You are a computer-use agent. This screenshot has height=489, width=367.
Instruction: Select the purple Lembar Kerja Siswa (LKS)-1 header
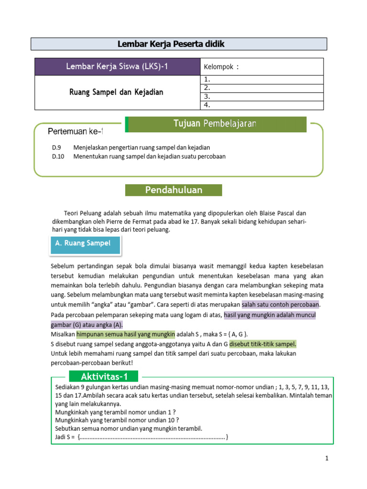click(x=117, y=66)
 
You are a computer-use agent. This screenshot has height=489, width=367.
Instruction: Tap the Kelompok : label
click(x=221, y=67)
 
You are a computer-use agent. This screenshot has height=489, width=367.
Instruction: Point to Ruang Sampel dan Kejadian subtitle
click(x=117, y=92)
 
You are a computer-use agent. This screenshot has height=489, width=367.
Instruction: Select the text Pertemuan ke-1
click(x=76, y=131)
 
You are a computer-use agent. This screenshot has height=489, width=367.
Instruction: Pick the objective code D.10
click(x=58, y=156)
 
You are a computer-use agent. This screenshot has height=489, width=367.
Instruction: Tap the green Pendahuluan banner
click(x=173, y=190)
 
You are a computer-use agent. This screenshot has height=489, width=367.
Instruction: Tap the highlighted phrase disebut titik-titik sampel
click(x=263, y=343)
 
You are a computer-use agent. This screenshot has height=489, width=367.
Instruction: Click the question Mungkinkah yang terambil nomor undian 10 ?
click(x=117, y=420)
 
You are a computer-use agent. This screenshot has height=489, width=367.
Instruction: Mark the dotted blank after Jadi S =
click(x=152, y=437)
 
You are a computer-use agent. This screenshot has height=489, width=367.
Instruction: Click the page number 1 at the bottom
click(x=327, y=458)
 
